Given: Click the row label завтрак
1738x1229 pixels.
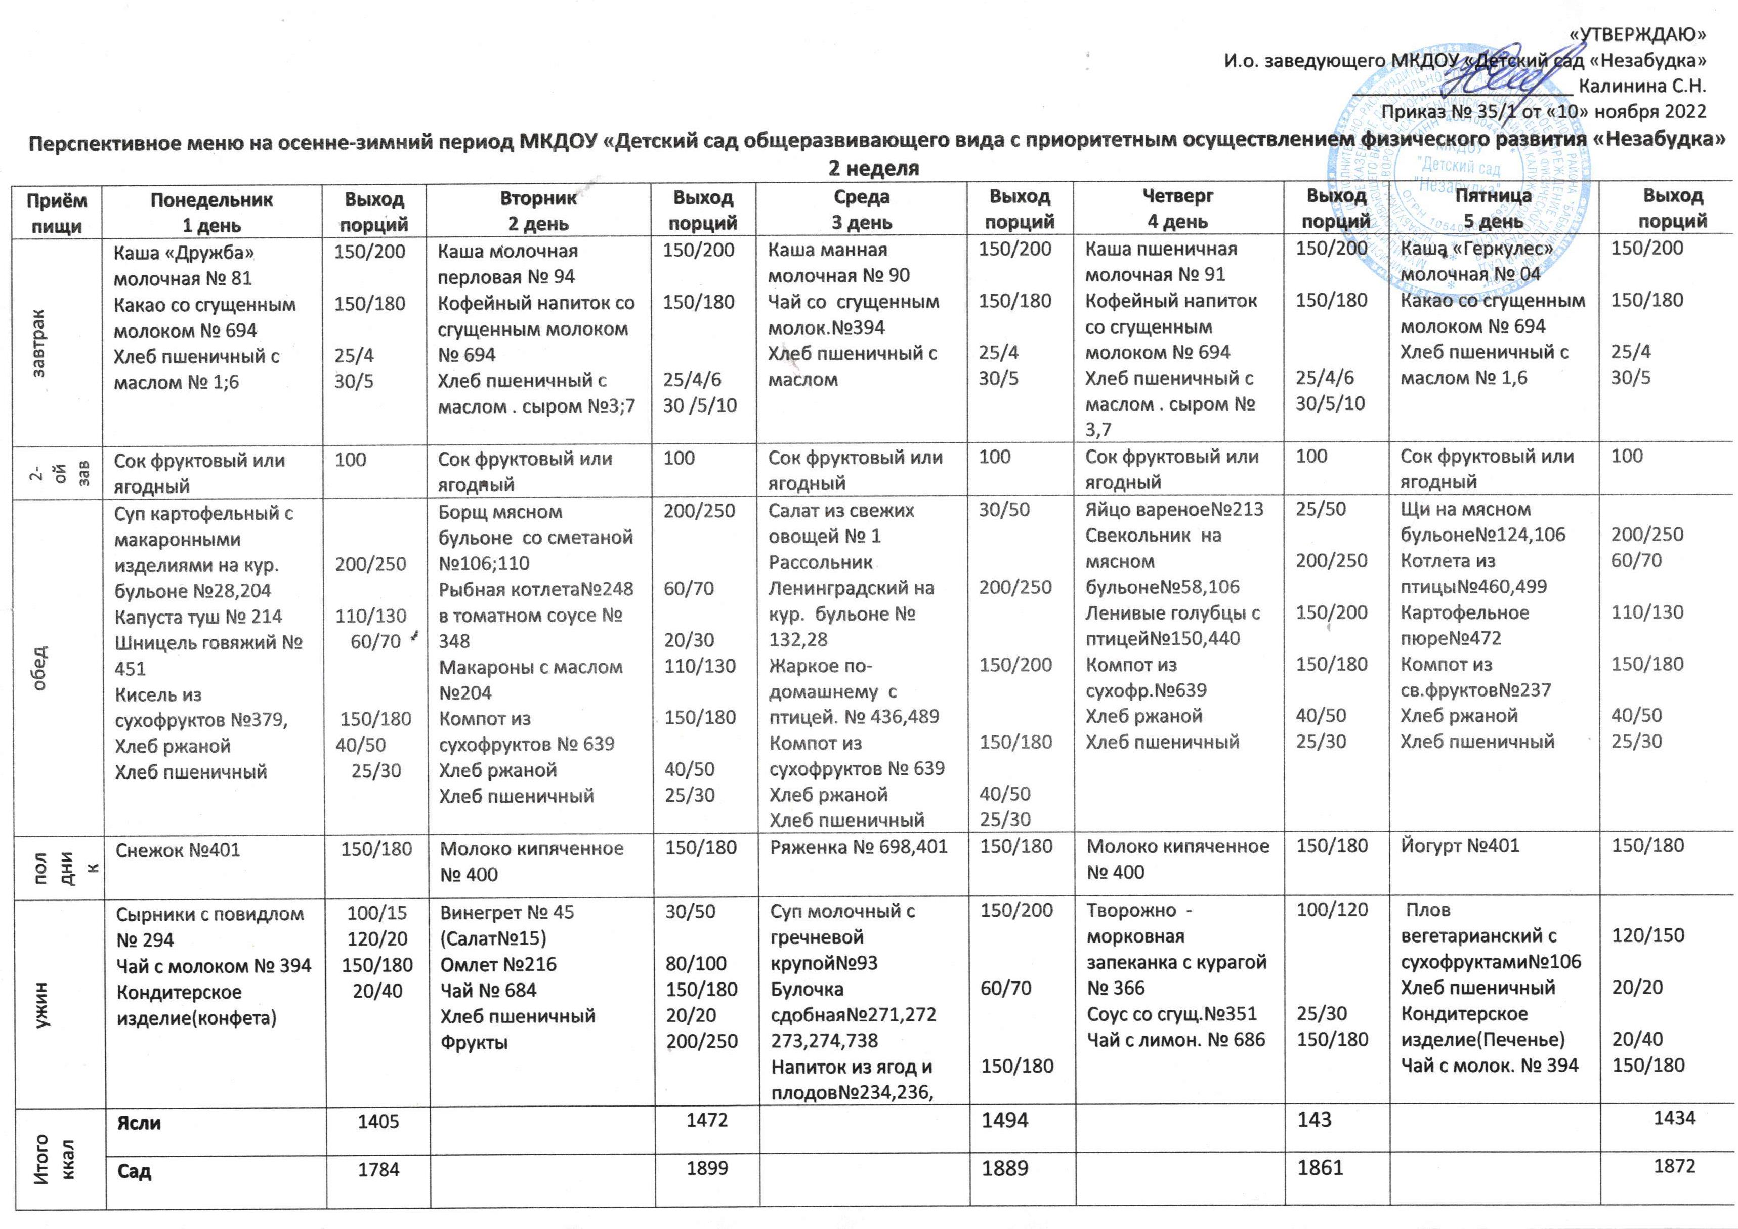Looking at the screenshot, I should [x=39, y=342].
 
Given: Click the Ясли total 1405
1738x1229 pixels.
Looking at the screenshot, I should [x=378, y=1122].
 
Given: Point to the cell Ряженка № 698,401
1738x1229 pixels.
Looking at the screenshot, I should [x=859, y=847].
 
